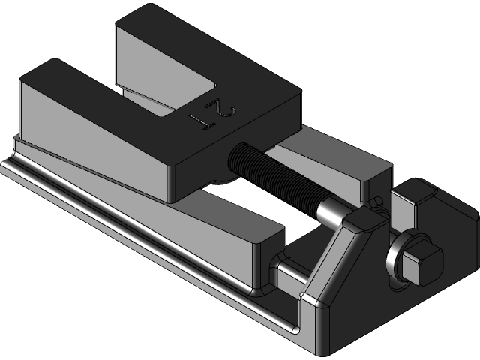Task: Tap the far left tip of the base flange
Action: click(x=6, y=169)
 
